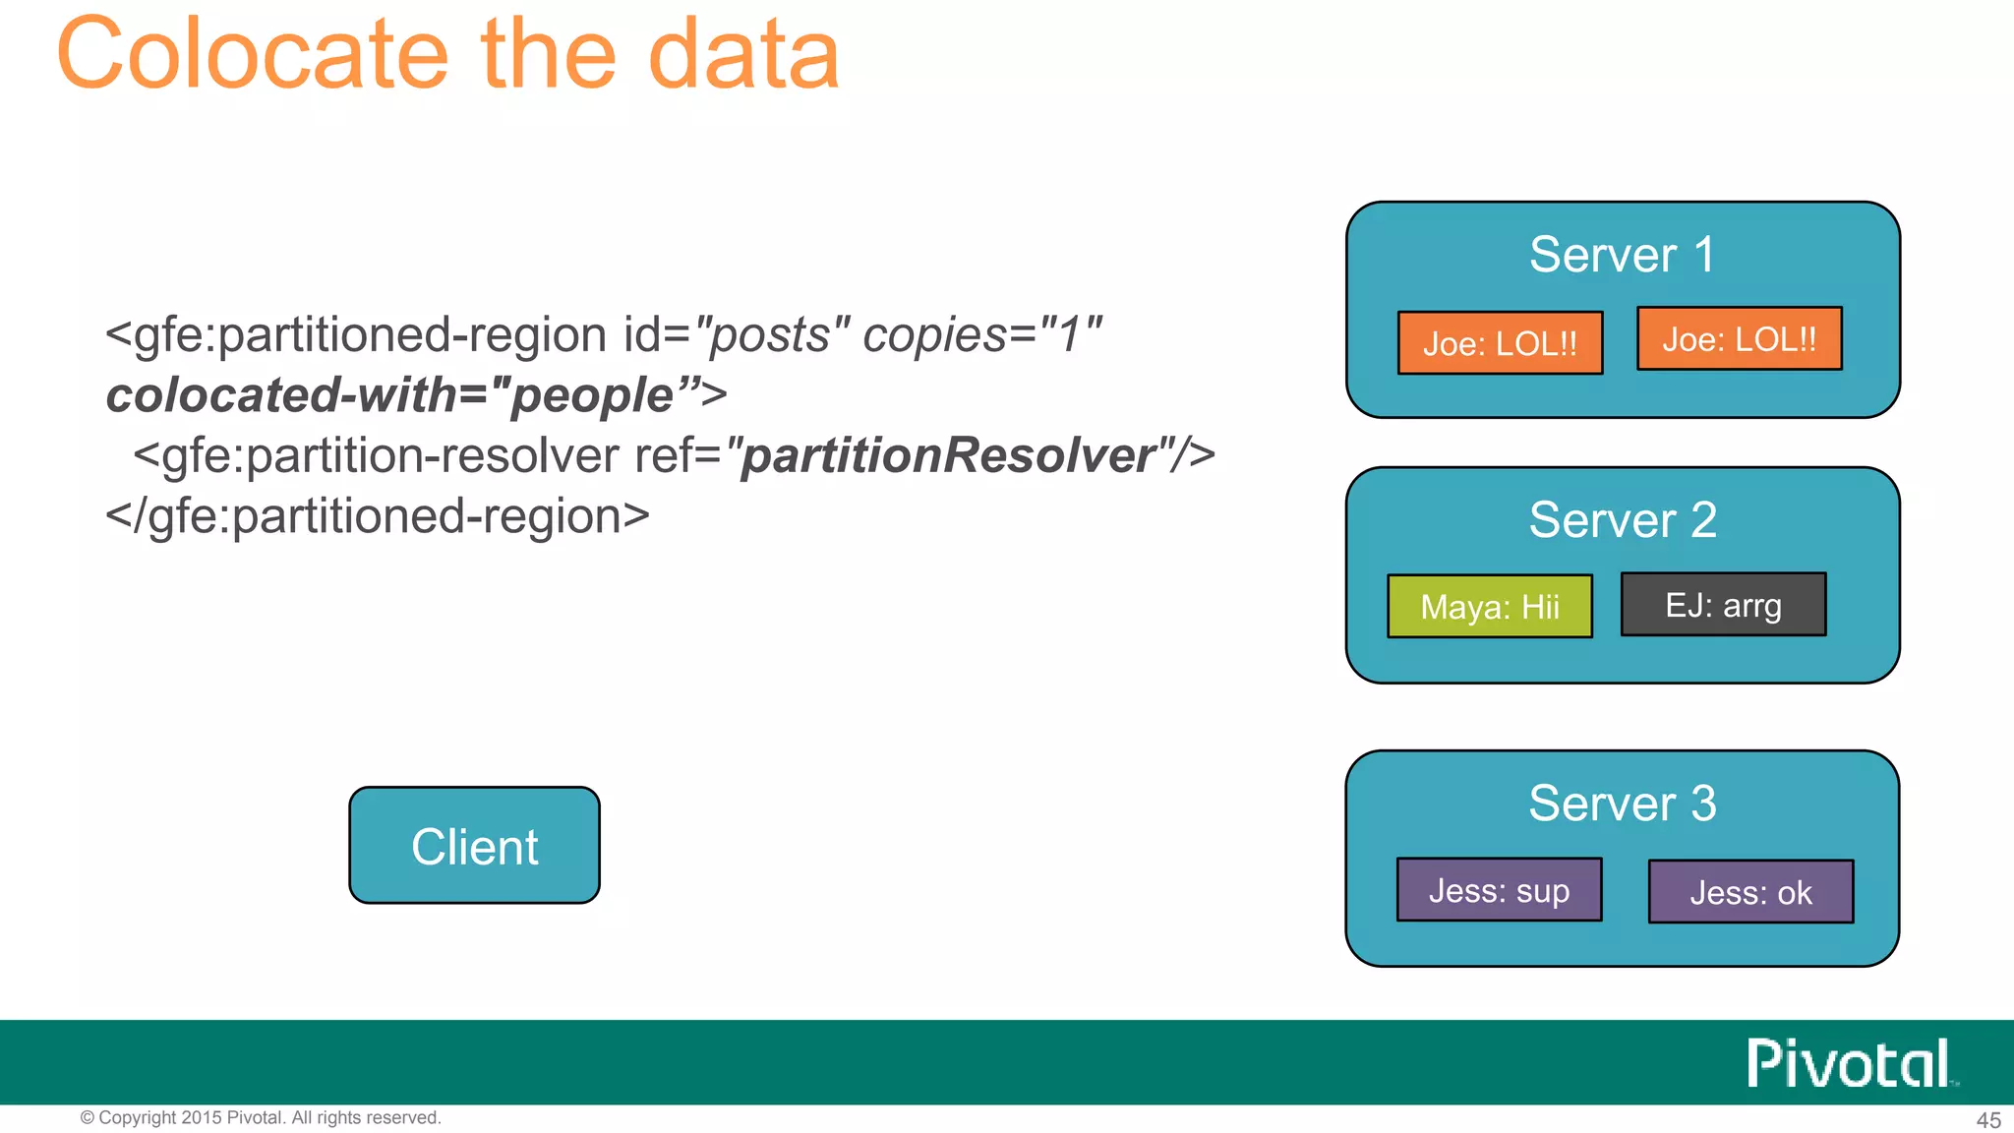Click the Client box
[x=474, y=846]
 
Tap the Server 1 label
[x=1622, y=255]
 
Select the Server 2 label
[x=1622, y=519]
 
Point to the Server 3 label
[x=1622, y=803]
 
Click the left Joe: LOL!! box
[x=1500, y=343]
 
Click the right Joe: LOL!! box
[x=1739, y=339]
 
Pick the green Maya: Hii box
[x=1489, y=607]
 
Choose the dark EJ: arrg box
[x=1723, y=605]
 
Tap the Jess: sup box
[x=1499, y=890]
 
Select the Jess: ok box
[x=1750, y=892]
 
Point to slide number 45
[x=1987, y=1120]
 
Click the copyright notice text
[x=261, y=1118]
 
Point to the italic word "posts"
[x=771, y=335]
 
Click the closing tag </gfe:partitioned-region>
[x=378, y=516]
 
